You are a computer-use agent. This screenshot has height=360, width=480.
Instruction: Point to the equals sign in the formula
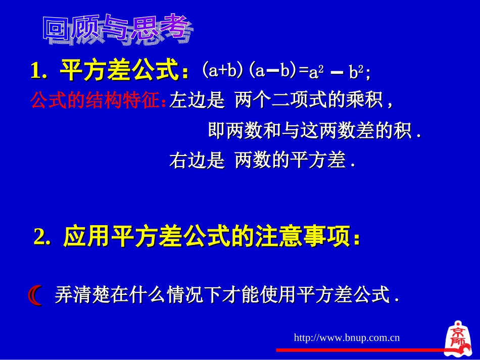point(304,71)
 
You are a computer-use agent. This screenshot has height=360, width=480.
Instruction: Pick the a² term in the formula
point(316,72)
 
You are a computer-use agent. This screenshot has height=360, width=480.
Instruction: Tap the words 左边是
point(197,101)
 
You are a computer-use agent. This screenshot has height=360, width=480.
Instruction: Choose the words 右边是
point(197,161)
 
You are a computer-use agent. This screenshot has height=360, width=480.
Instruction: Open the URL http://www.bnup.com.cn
point(347,337)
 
